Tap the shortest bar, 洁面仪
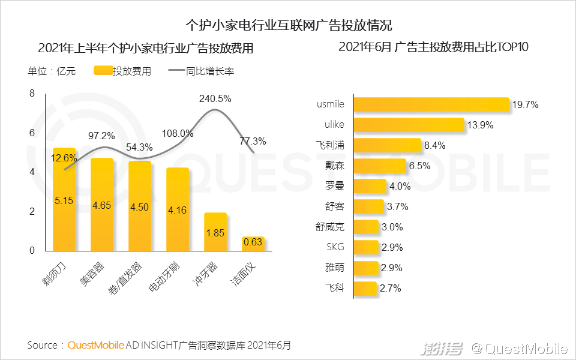pyautogui.click(x=253, y=243)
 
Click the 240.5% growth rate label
pyautogui.click(x=215, y=99)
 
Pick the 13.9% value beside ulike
pyautogui.click(x=481, y=125)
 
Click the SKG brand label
pyautogui.click(x=335, y=247)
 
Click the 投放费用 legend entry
pyautogui.click(x=123, y=71)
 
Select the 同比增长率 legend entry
pyautogui.click(x=201, y=71)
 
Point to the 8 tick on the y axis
pyautogui.click(x=32, y=93)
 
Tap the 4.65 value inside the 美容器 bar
pyautogui.click(x=101, y=205)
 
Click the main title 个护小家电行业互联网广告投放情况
pyautogui.click(x=288, y=25)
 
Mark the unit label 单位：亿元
pyautogui.click(x=52, y=71)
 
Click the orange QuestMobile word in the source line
pyautogui.click(x=96, y=346)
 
